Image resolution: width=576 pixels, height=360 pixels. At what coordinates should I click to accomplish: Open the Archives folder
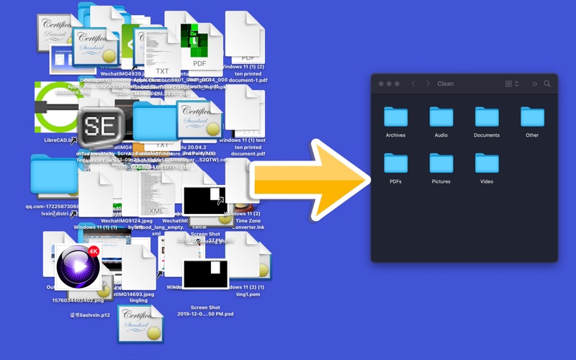pos(395,117)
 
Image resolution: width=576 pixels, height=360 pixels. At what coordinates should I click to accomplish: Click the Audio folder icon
pos(441,117)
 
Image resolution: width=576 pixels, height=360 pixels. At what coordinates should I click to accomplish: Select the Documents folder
pos(487,117)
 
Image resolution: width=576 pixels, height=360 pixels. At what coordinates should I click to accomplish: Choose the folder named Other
pos(532,117)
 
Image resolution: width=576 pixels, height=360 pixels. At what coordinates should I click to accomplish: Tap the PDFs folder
pos(395,163)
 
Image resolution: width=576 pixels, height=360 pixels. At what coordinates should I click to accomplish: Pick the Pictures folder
pos(441,163)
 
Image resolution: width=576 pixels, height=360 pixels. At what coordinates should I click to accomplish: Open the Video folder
pos(487,163)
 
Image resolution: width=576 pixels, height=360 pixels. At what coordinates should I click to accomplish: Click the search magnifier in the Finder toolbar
pos(547,84)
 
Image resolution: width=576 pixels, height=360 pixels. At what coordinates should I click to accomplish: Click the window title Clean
pos(446,84)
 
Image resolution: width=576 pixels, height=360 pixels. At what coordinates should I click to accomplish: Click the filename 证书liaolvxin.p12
pos(90,315)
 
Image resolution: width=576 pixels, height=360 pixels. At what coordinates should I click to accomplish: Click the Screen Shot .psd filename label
pos(205,310)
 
